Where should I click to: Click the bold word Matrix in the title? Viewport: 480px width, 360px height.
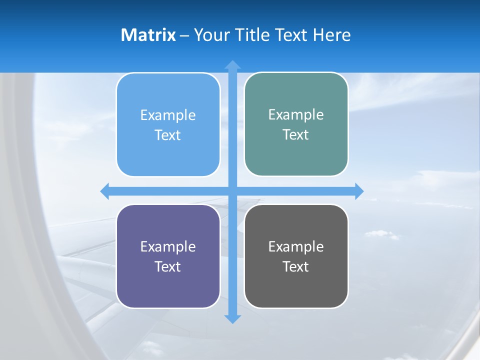pyautogui.click(x=148, y=35)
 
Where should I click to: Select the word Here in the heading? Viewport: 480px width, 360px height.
pyautogui.click(x=331, y=35)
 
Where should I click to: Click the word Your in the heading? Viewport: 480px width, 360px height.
pyautogui.click(x=210, y=35)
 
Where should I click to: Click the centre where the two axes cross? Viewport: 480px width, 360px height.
pyautogui.click(x=232, y=191)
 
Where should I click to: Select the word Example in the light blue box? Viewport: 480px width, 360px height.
pyautogui.click(x=168, y=115)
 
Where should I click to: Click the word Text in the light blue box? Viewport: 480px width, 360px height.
pyautogui.click(x=168, y=135)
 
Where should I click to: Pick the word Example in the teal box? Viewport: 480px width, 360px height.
pyautogui.click(x=296, y=115)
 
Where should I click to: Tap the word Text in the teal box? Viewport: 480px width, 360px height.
pyautogui.click(x=296, y=134)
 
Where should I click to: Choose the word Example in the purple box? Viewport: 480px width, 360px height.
pyautogui.click(x=168, y=247)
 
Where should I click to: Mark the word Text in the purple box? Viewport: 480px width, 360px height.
pyautogui.click(x=168, y=266)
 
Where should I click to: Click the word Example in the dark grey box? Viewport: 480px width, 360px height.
pyautogui.click(x=296, y=247)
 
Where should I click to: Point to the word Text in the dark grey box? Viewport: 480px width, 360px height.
pyautogui.click(x=296, y=266)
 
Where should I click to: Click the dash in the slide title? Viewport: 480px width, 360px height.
pyautogui.click(x=184, y=35)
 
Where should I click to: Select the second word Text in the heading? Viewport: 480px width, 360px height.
pyautogui.click(x=291, y=35)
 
